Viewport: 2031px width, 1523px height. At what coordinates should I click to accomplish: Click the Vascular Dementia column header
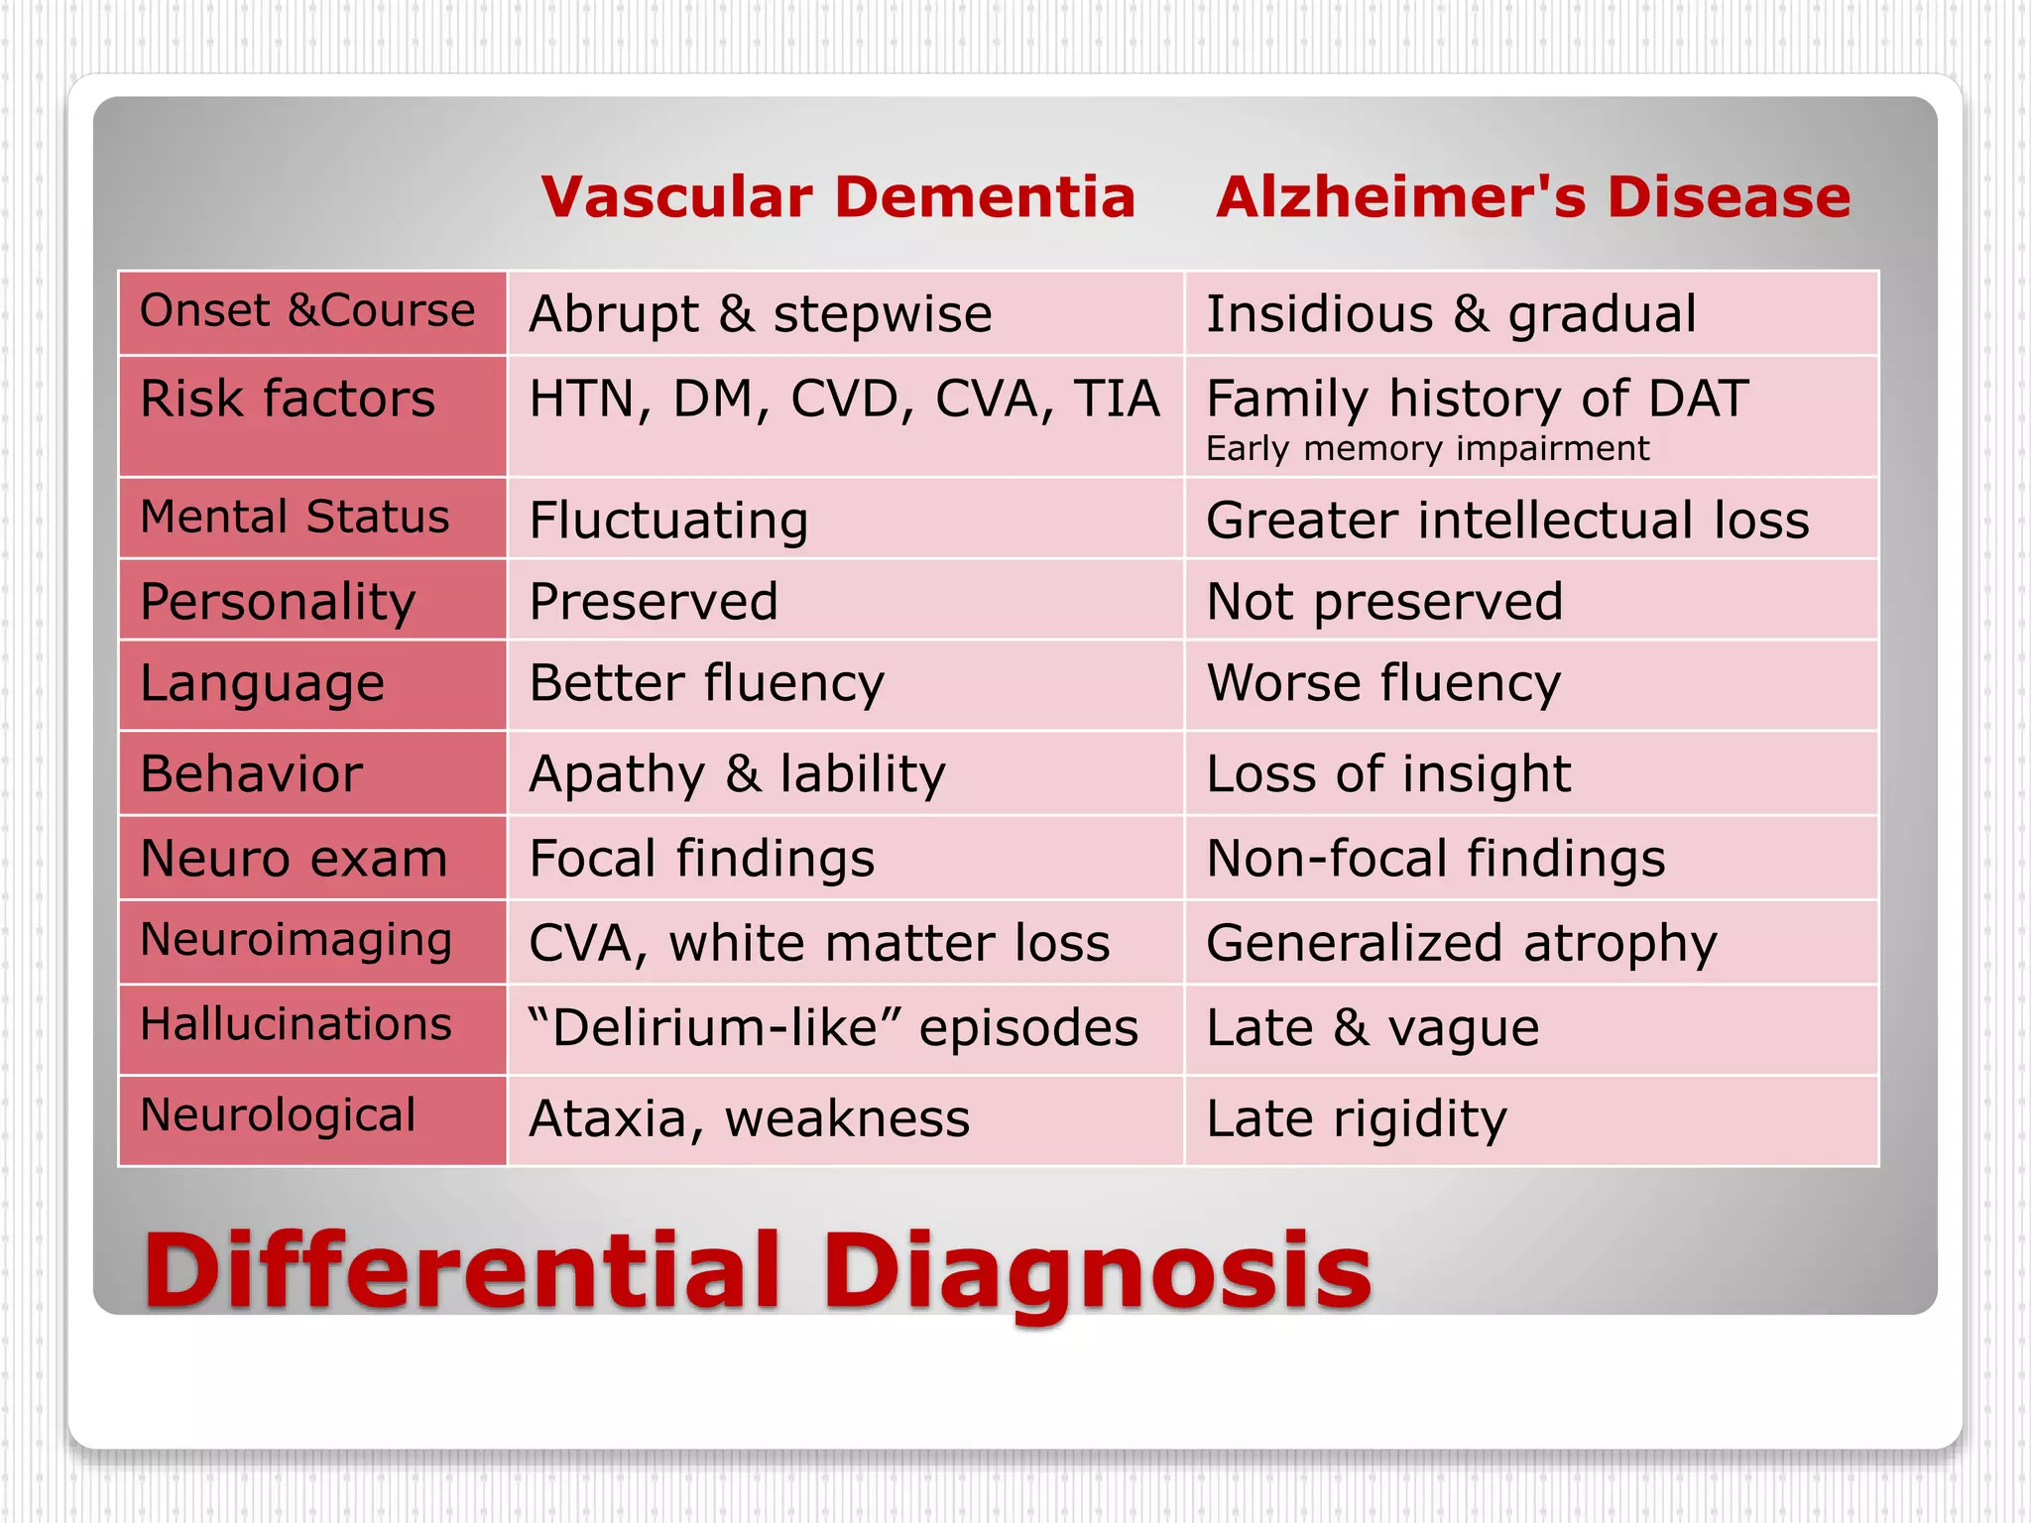pos(838,197)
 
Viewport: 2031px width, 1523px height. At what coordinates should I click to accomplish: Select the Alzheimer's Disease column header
pos(1533,197)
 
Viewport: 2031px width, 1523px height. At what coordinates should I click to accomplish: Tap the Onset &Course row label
pos(307,311)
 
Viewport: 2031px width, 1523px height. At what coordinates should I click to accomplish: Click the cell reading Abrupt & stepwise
pos(761,314)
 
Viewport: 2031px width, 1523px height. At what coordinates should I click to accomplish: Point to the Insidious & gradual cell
pos(1451,314)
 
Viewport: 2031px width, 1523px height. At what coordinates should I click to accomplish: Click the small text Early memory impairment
pos(1427,449)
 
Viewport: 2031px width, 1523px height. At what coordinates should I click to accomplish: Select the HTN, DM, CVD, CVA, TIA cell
pos(844,399)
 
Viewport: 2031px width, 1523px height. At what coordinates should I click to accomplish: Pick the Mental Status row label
pos(295,518)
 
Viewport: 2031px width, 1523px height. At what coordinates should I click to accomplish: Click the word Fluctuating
pos(668,521)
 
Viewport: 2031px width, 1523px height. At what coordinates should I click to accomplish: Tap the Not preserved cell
pos(1384,602)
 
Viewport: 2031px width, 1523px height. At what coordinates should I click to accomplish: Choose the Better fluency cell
pos(706,684)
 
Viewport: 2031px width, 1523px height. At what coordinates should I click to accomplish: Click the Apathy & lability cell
pos(737,774)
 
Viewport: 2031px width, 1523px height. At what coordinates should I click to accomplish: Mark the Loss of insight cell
pos(1388,774)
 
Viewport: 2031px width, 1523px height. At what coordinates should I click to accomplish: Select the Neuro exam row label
pos(294,859)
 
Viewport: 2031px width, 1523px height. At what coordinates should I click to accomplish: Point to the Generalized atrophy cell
pos(1461,943)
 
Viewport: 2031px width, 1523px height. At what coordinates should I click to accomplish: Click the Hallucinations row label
pos(296,1024)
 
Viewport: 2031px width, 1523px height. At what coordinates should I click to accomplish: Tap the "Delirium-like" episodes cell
pos(833,1028)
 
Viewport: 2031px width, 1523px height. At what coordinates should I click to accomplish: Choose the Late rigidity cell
pos(1356,1119)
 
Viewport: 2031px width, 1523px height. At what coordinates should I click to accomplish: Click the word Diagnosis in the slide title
pos(1096,1271)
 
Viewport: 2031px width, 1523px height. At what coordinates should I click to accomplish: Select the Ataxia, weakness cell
pos(749,1119)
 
